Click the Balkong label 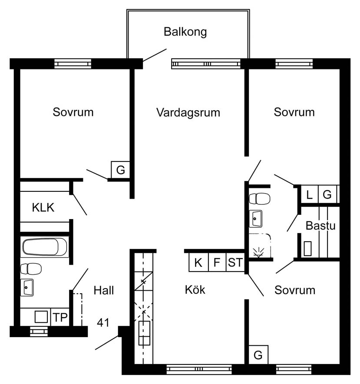pyautogui.click(x=185, y=32)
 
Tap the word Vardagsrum pyautogui.click(x=188, y=112)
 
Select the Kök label pyautogui.click(x=195, y=289)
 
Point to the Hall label pyautogui.click(x=104, y=290)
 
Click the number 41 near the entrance pyautogui.click(x=103, y=323)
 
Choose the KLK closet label pyautogui.click(x=43, y=207)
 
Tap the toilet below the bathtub pyautogui.click(x=31, y=269)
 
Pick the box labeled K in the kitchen pyautogui.click(x=198, y=263)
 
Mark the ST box pyautogui.click(x=235, y=263)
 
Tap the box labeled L pyautogui.click(x=309, y=195)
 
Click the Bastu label pyautogui.click(x=320, y=226)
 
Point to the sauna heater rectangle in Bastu pyautogui.click(x=307, y=248)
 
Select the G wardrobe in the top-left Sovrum pyautogui.click(x=121, y=170)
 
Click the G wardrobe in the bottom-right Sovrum pyautogui.click(x=258, y=355)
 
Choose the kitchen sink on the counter pyautogui.click(x=144, y=333)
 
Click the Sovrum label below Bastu pyautogui.click(x=295, y=290)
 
